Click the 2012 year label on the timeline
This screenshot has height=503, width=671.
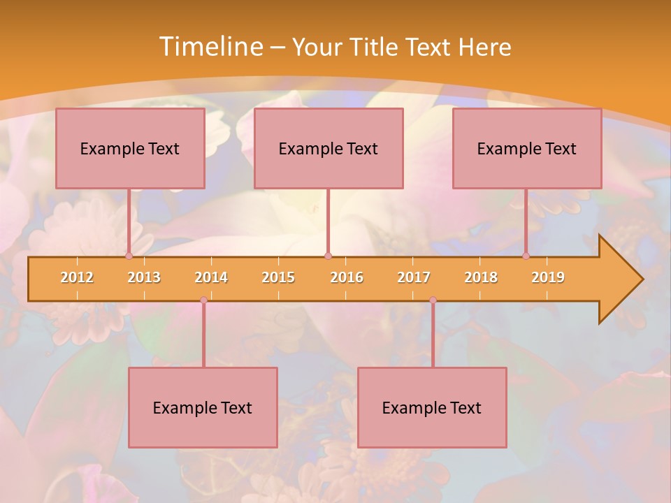click(77, 277)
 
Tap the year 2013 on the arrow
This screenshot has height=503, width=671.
click(144, 277)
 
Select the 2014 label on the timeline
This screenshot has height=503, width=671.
click(211, 277)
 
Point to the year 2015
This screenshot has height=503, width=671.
click(278, 277)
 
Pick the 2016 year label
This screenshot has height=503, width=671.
click(347, 277)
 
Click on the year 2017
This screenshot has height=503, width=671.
click(414, 277)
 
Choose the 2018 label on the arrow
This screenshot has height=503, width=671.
click(481, 277)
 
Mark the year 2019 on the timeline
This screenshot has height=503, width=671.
click(548, 277)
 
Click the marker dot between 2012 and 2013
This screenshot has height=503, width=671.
click(129, 256)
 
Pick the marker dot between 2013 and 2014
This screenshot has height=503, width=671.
click(203, 300)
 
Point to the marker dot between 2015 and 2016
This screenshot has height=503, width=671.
click(328, 256)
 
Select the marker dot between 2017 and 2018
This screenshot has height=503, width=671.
click(433, 300)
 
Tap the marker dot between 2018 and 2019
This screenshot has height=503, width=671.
click(526, 256)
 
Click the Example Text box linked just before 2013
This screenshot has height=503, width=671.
click(130, 148)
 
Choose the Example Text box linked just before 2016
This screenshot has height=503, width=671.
click(329, 148)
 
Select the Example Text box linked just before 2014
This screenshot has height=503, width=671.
click(203, 407)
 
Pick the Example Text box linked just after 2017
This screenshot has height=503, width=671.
click(432, 407)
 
